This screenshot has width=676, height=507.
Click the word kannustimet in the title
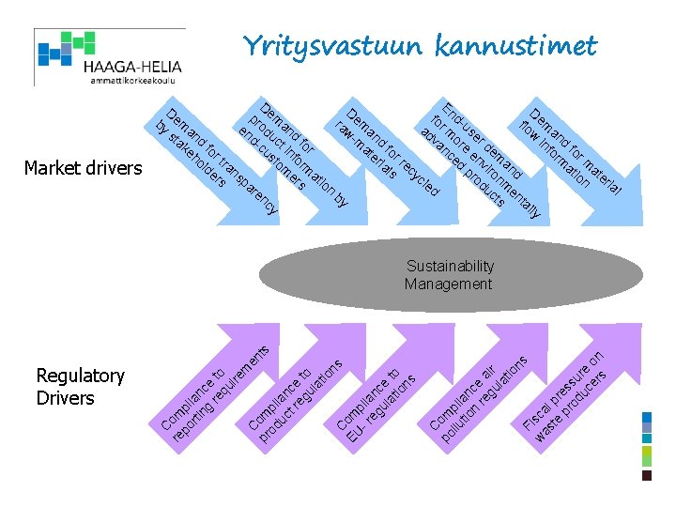click(x=515, y=45)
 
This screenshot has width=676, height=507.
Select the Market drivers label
click(x=83, y=168)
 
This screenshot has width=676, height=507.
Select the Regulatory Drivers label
click(x=80, y=387)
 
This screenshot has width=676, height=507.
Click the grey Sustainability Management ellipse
click(x=448, y=276)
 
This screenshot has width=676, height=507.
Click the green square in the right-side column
click(x=646, y=455)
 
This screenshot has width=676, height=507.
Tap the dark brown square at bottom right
click(x=646, y=475)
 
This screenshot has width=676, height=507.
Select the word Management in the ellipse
click(x=448, y=284)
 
